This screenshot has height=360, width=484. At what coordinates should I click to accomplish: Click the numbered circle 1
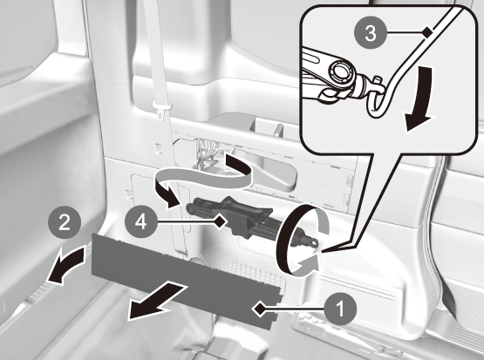pos(340,309)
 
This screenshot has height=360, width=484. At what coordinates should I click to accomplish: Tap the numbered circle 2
pos(65,222)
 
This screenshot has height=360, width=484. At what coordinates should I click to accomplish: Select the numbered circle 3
pos(371,33)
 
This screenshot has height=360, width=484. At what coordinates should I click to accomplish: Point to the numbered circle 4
pos(141,221)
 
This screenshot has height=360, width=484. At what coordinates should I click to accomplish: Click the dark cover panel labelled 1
pos(185,279)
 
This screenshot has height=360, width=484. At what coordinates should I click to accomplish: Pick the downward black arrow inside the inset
pos(419,98)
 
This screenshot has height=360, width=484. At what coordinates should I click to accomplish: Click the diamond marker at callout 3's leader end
pos(427,31)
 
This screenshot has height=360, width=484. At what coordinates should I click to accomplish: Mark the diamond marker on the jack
pos(221,221)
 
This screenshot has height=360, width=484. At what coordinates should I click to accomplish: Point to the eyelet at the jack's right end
pos(313,243)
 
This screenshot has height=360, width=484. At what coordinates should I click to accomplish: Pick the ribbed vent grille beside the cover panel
pos(259,273)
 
